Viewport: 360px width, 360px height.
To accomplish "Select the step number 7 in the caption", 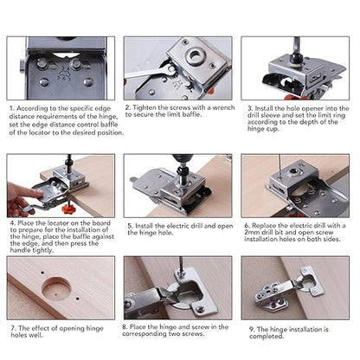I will [10, 330].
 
